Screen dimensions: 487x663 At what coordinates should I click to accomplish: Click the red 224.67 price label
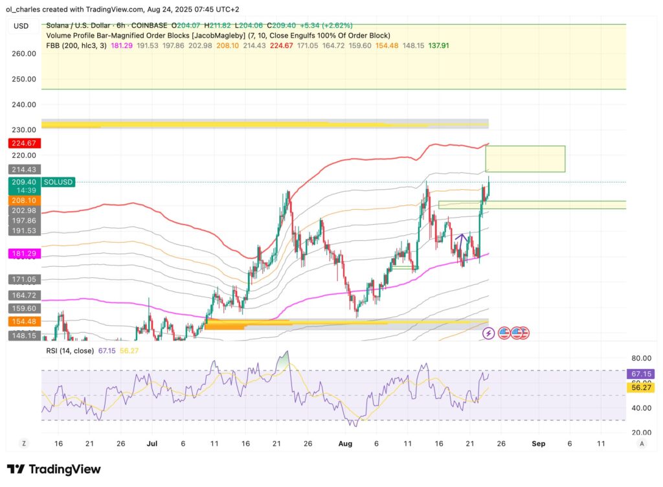coord(23,143)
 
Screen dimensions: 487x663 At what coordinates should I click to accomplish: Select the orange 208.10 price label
coord(23,201)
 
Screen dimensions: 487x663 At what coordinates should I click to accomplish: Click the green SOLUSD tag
coord(58,183)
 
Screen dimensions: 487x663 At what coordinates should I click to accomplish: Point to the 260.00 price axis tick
coord(23,54)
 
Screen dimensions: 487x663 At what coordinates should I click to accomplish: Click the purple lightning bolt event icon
coord(489,333)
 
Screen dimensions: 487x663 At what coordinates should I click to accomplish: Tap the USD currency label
coord(21,26)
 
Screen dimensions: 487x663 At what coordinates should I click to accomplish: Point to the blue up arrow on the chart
coord(460,238)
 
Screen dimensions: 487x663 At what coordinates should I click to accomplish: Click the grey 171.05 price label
coord(23,279)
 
